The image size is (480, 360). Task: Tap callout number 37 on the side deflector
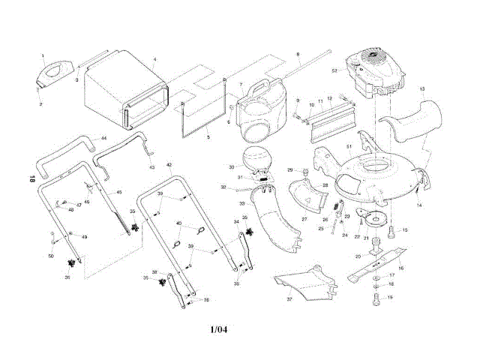[x=289, y=299]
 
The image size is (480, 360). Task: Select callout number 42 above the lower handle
[x=169, y=164]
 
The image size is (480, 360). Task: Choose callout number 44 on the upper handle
[x=103, y=139]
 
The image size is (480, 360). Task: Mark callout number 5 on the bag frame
[x=208, y=138]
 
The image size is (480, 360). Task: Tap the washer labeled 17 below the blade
[x=375, y=279]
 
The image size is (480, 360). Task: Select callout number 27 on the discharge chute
[x=305, y=219]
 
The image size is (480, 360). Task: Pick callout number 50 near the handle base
[x=51, y=257]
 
